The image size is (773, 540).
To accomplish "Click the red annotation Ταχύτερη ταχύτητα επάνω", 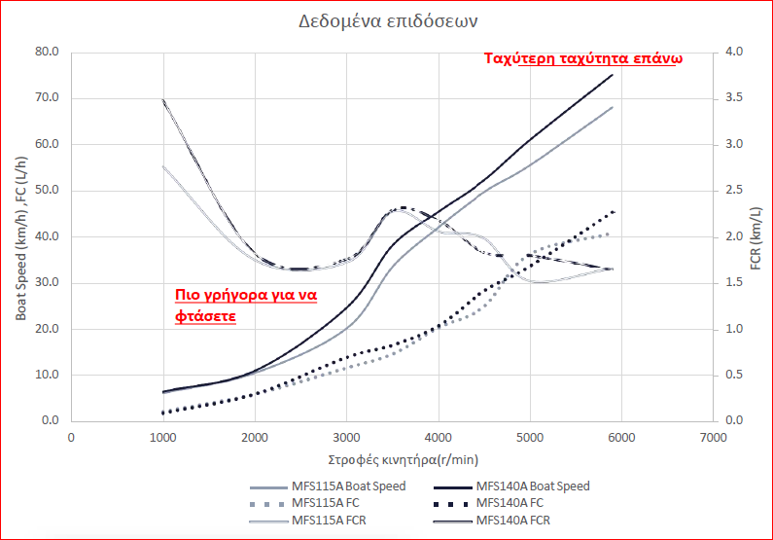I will point(583,58).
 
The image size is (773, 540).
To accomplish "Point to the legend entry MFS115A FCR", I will point(331,521).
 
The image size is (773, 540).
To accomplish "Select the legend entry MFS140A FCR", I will point(516,521).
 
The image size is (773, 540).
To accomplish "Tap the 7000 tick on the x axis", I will point(713,438).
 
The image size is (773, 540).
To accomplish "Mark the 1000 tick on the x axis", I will point(162,438).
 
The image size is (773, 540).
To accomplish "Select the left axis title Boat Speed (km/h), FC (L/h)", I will point(20,235).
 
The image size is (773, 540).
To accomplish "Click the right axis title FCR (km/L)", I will point(755,236).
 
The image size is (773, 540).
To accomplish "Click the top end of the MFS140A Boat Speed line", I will point(613,75).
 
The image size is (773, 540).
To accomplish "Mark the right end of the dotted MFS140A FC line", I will point(614,211).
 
